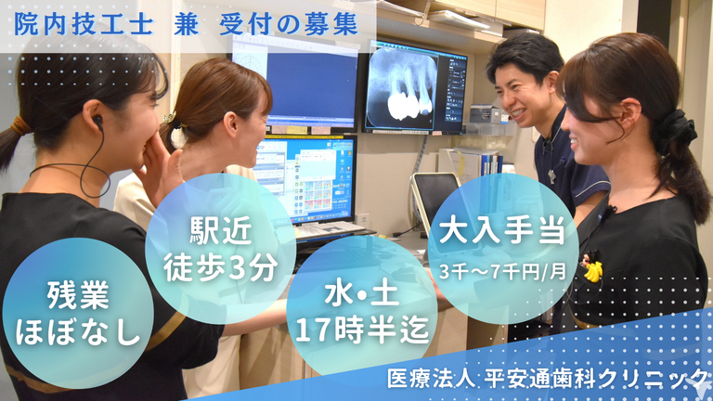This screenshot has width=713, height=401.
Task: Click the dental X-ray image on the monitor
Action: coord(401,88)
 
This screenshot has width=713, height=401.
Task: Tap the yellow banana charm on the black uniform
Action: coord(593,271)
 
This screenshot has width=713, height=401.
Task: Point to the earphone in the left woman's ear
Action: coord(97,122)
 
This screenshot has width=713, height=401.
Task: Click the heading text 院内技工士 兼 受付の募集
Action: coord(186,25)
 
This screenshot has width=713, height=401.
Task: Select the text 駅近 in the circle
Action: coord(221,230)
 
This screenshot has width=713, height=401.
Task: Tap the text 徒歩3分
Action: coord(221,267)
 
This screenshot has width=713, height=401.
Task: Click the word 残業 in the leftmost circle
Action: coord(78,294)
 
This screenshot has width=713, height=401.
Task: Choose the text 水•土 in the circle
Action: coord(362,293)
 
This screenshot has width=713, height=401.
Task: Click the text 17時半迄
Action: coord(362,330)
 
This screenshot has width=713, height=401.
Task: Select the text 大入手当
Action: coord(502,230)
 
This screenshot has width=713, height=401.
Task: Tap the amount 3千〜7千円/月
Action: coord(502,271)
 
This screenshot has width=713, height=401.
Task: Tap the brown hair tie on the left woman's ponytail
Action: coord(20,125)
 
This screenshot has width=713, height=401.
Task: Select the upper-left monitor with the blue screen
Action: coord(294,83)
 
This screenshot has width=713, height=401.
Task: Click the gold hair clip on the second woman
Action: coord(171,119)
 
